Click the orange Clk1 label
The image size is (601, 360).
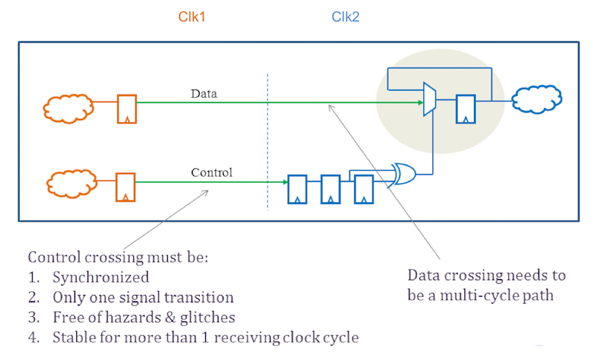(192, 17)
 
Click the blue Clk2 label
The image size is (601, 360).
(346, 17)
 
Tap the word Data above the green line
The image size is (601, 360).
(204, 93)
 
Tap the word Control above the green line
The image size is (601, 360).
(212, 173)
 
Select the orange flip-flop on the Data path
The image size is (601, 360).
(127, 110)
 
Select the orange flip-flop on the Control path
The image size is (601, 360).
(126, 187)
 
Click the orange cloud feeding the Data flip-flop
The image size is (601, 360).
(68, 108)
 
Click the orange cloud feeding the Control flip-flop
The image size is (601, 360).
(71, 183)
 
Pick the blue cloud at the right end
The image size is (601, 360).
(537, 100)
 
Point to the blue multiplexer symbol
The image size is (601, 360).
(429, 99)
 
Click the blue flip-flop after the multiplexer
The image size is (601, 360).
(466, 110)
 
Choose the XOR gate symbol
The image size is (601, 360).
(403, 174)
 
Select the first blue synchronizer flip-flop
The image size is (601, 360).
(297, 190)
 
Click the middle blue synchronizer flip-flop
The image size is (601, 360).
(331, 190)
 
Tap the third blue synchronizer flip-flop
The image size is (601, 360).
(364, 190)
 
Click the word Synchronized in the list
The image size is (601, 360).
(101, 277)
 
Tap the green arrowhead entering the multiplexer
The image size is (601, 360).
(421, 102)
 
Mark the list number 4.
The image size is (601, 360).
(33, 337)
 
